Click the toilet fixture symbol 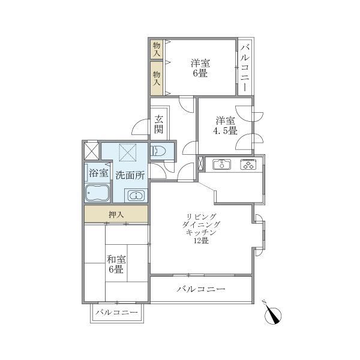(x=160, y=152)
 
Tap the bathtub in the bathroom (x=97, y=194)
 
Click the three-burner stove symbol (x=248, y=164)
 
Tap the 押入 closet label (x=116, y=214)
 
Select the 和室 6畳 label (x=115, y=265)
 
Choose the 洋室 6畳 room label (x=200, y=67)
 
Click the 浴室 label (x=98, y=173)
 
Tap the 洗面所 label (x=130, y=176)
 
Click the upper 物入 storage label (x=156, y=49)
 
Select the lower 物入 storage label (x=156, y=79)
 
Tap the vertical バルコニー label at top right (x=245, y=67)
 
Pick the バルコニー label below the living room (x=201, y=289)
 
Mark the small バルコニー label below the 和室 (x=116, y=313)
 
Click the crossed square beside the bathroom (x=92, y=150)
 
